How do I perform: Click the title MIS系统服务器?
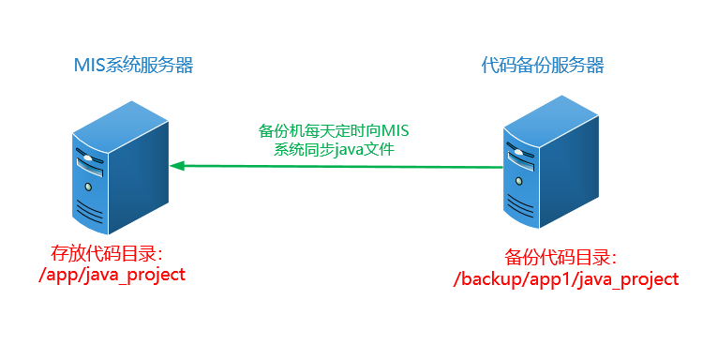[x=133, y=65]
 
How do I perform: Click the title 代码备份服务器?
[x=543, y=65]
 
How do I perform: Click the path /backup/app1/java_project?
[x=565, y=279]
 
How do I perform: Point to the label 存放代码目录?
[x=108, y=253]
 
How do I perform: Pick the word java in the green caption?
[x=358, y=148]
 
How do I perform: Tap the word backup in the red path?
[x=493, y=279]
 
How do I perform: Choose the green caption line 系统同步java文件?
[x=335, y=148]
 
